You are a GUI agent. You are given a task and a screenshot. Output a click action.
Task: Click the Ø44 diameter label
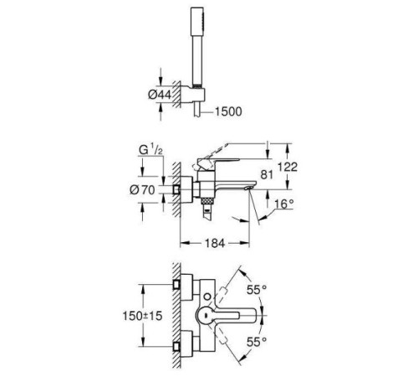160,95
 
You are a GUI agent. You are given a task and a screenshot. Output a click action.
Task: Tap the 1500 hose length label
228,111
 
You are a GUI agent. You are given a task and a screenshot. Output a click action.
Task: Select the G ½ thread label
150,150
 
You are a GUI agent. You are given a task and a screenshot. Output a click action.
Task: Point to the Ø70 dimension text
142,190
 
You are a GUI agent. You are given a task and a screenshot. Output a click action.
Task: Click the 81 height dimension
267,174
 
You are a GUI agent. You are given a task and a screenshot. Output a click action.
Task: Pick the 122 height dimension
288,167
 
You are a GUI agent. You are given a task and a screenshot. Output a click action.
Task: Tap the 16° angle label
284,204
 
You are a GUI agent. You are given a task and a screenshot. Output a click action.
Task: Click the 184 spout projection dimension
215,244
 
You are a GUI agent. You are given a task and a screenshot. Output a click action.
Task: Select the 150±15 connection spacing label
142,316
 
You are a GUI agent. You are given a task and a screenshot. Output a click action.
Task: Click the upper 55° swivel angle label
257,290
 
